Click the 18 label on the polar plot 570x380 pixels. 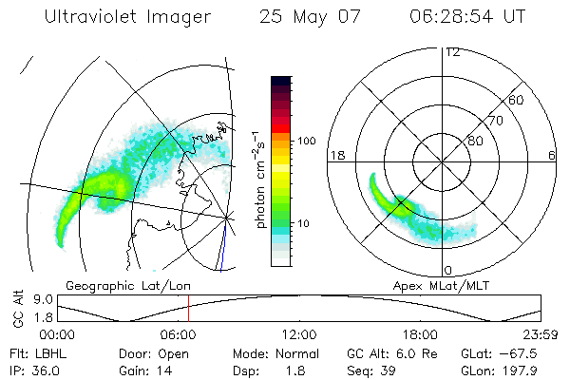[x=335, y=154]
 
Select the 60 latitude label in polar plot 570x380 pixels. [x=517, y=100]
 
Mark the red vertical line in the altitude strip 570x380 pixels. [x=188, y=309]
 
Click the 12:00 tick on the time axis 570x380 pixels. [x=299, y=333]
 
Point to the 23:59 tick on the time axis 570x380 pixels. [x=542, y=333]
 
